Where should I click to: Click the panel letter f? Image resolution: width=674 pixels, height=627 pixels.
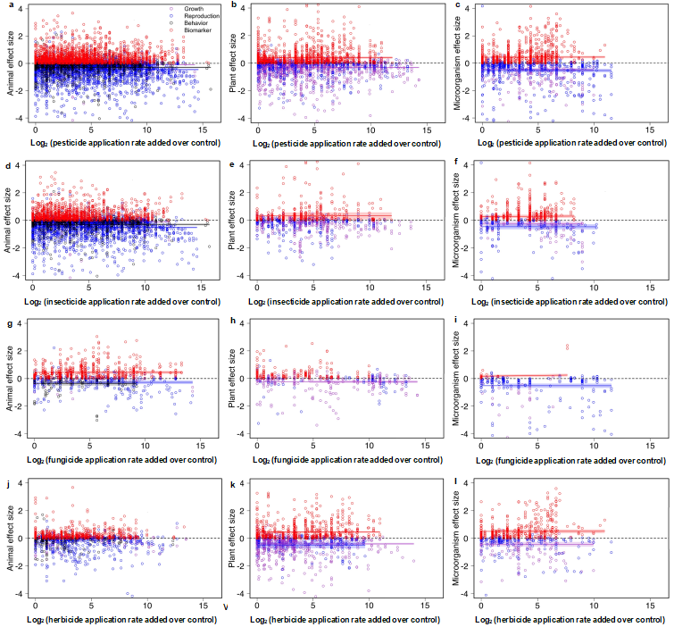pos(457,164)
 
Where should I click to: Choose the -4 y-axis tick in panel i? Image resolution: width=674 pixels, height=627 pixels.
pos(466,434)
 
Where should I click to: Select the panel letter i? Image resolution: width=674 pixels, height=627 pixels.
pos(457,322)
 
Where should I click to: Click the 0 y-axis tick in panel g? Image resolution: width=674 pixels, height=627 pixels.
pos(20,379)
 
